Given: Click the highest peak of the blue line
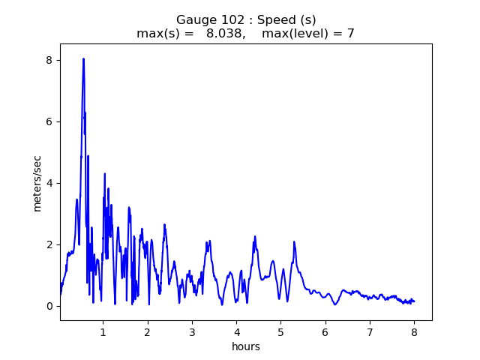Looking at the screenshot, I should point(83,58).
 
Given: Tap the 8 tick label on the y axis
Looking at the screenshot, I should point(49,60).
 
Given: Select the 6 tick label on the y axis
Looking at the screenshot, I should point(49,121).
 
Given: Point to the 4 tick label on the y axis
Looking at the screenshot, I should point(49,183).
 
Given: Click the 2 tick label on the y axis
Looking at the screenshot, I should point(49,244).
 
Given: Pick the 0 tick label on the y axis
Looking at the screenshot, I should point(49,306).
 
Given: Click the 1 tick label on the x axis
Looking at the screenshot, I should point(103,331).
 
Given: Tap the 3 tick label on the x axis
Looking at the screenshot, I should point(192,331).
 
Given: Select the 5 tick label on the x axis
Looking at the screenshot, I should point(280,331).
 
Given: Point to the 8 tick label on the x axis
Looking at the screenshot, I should point(414,331).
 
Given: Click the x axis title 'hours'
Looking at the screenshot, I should point(245,346).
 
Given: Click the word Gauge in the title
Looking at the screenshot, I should point(194,20).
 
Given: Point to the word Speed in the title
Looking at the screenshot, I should point(274,20).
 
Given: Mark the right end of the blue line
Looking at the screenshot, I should point(414,301).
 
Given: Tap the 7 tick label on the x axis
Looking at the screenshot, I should point(370,331).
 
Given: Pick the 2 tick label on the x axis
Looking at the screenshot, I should point(148,331).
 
